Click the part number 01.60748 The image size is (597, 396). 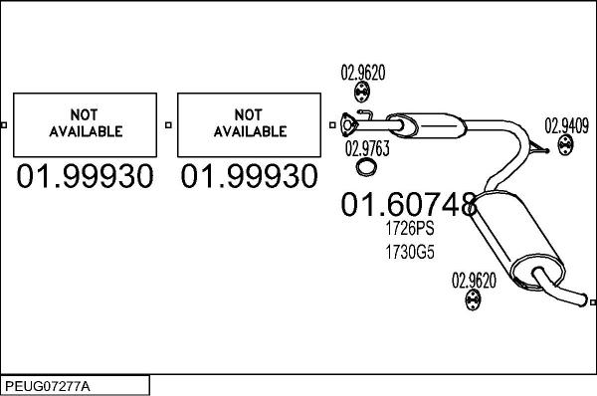click(x=409, y=205)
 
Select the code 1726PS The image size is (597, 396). click(x=410, y=229)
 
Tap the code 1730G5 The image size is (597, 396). click(x=410, y=252)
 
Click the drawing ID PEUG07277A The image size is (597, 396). click(x=48, y=386)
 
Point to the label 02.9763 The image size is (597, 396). click(x=367, y=148)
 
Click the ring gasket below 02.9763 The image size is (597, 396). click(x=367, y=167)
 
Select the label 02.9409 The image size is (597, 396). click(x=566, y=126)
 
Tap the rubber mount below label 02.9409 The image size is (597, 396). click(x=566, y=145)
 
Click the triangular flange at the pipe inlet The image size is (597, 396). click(x=348, y=124)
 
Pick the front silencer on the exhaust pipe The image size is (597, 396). click(x=427, y=124)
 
